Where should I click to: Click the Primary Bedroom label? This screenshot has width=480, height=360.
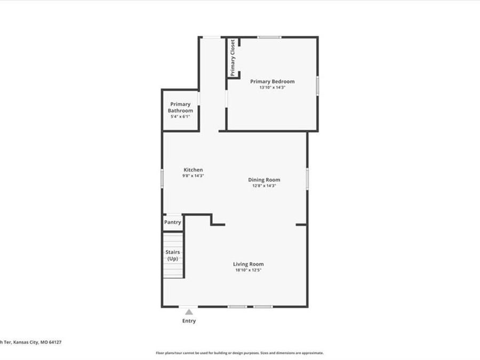(272, 82)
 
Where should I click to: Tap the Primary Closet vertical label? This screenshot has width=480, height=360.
(233, 58)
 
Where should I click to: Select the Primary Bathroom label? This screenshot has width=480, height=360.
(180, 107)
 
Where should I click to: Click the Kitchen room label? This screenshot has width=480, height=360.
(193, 170)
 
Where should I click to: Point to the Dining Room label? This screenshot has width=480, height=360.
(264, 180)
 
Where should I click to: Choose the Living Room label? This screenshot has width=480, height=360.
(248, 264)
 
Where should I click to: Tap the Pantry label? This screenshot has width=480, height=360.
(173, 222)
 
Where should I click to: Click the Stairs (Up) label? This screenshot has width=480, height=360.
(172, 255)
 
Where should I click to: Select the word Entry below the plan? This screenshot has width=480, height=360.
(189, 321)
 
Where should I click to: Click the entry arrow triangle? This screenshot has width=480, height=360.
(189, 312)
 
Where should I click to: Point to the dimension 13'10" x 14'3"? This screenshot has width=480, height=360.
(272, 87)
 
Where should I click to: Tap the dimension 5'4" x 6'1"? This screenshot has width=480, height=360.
(180, 116)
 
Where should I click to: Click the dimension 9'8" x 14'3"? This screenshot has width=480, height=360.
(193, 175)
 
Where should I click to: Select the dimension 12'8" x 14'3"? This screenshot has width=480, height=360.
(264, 186)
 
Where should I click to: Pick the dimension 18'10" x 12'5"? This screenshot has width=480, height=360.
(248, 270)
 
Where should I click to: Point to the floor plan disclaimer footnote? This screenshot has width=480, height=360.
(239, 353)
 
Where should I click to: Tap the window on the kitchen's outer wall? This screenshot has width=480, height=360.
(162, 178)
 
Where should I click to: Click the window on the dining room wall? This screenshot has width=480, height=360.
(307, 178)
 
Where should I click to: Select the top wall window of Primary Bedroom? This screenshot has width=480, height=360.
(269, 37)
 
